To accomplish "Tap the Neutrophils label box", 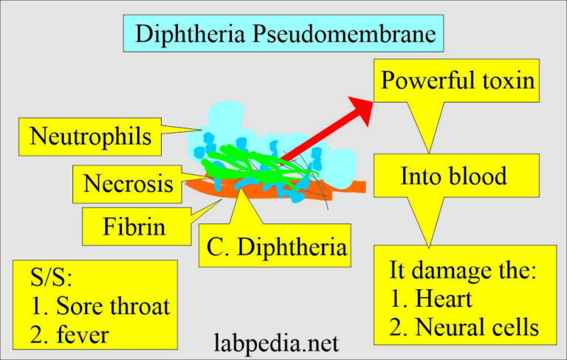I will click(x=91, y=135).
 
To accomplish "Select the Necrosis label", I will click(x=128, y=182).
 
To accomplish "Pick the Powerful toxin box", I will click(x=457, y=80).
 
